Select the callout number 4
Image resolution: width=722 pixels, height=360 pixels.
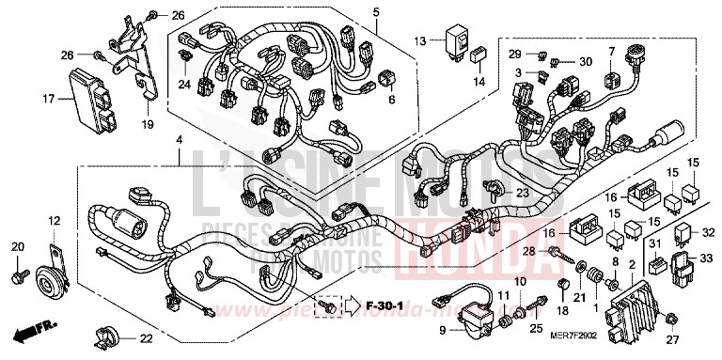coord(177,140)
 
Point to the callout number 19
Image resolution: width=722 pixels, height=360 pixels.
coord(147,124)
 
